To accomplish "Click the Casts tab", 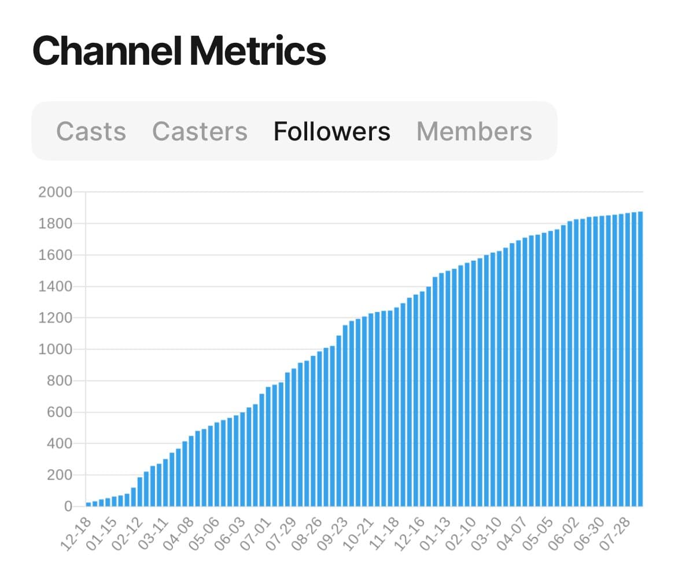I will pos(91,131).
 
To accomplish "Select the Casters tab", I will pos(200,131).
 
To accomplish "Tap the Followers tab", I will pos(331,131).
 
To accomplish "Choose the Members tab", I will pos(474,131).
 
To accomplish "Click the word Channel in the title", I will pos(108,51).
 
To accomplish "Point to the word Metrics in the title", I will pos(257,51).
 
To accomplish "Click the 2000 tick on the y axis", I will pos(55,192).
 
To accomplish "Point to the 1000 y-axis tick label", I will pos(55,350).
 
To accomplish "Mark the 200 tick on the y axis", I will pos(58,476).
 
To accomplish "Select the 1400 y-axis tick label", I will pos(55,287).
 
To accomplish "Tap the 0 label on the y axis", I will pos(68,507).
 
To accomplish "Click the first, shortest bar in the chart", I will pos(89,504).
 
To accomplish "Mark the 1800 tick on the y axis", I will pos(55,224).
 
